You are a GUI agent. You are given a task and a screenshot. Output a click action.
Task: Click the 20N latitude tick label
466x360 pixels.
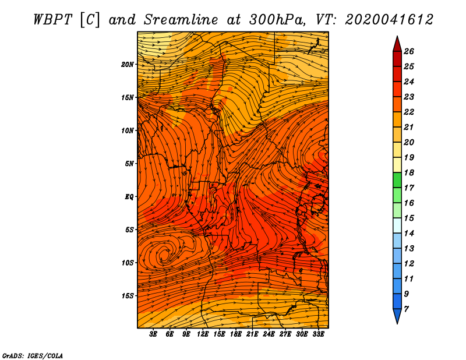[128, 65]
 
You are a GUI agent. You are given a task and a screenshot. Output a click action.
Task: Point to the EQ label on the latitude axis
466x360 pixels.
[129, 197]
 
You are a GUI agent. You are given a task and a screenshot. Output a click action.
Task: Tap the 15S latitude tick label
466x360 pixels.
[128, 296]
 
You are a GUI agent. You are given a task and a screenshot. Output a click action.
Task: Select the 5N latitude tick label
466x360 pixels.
[129, 164]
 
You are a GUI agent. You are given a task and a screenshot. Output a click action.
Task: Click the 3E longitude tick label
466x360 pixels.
[153, 334]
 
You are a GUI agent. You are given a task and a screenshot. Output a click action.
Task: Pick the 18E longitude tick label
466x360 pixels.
[236, 334]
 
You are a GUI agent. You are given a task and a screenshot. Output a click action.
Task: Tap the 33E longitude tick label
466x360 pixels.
[318, 334]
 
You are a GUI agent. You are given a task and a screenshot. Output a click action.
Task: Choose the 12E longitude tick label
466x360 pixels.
[203, 334]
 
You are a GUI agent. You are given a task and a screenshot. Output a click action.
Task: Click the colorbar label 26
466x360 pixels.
[409, 51]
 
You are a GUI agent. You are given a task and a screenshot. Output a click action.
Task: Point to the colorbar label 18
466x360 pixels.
[409, 172]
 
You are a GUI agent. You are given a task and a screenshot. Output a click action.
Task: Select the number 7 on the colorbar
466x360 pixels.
[406, 309]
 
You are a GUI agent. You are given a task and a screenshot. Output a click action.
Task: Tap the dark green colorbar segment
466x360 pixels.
[397, 180]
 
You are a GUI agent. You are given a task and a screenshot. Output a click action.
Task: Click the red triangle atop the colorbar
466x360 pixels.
[397, 45]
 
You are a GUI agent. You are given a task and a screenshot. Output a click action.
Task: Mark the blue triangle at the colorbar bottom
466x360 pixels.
[397, 315]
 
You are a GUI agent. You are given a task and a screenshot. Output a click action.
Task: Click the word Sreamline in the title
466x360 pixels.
[181, 20]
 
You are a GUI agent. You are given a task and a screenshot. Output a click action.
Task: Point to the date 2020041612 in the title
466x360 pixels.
[389, 20]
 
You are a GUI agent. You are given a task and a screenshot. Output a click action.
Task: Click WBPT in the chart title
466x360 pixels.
[53, 20]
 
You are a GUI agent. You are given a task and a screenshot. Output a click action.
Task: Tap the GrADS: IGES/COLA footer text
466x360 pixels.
[33, 355]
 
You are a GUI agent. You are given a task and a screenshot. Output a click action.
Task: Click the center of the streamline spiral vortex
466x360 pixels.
[164, 254]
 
